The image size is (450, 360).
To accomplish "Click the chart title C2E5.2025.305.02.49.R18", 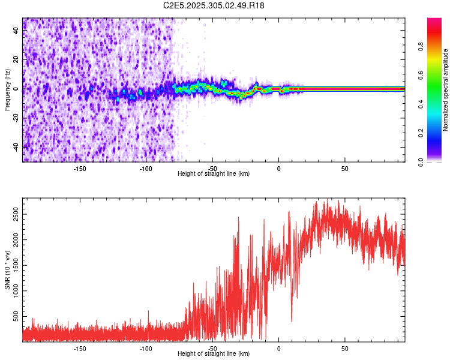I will [x=214, y=5].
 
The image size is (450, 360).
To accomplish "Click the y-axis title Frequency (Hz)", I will [x=7, y=90].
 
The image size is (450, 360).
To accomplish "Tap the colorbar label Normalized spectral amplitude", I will [x=445, y=90].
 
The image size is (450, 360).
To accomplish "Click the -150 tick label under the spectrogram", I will [x=80, y=169].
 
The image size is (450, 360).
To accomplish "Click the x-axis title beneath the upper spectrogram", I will [x=214, y=174].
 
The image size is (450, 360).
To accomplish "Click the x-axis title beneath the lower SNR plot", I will [x=214, y=354].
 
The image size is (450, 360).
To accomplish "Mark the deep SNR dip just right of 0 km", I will [x=292, y=321].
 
